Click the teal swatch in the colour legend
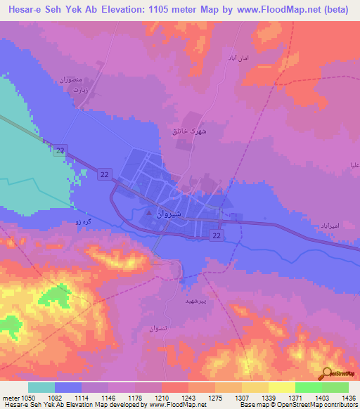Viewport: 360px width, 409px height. pyautogui.click(x=41, y=387)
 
